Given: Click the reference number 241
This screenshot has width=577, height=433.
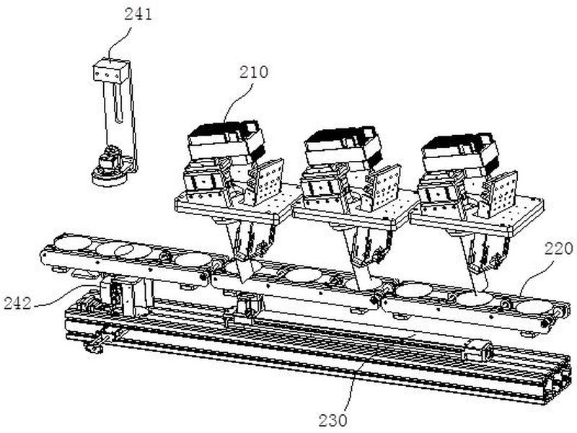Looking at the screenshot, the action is click(x=138, y=14).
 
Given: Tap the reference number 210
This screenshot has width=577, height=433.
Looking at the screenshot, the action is click(x=254, y=72).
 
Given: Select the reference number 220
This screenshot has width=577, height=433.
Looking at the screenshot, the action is click(x=558, y=249).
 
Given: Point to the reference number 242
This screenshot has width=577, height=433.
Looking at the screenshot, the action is click(x=17, y=303).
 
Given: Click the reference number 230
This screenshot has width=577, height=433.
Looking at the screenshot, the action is click(x=332, y=420).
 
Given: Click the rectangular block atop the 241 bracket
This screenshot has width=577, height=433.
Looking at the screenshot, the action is click(x=110, y=71).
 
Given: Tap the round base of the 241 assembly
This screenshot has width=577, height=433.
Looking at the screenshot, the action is click(x=109, y=178).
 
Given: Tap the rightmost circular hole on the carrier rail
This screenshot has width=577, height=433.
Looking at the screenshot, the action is click(x=534, y=307).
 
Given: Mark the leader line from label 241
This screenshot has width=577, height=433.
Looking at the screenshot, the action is click(x=121, y=41).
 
